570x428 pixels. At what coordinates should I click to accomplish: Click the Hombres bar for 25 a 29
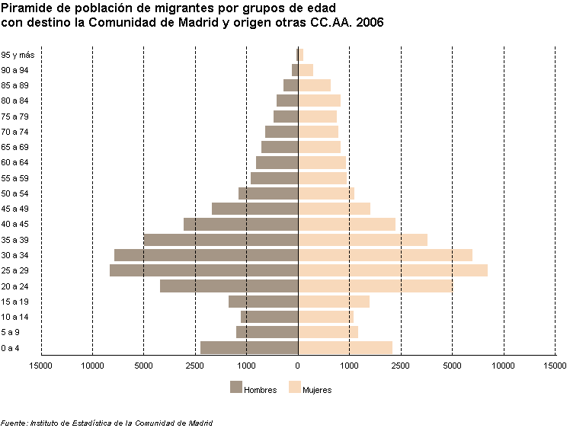(x=203, y=270)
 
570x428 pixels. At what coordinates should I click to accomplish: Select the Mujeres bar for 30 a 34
(x=385, y=255)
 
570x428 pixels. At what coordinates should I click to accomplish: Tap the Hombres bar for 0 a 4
(x=249, y=348)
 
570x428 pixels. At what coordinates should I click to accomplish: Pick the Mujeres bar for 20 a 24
(x=375, y=286)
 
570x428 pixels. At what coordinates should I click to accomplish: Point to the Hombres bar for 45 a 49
(x=255, y=209)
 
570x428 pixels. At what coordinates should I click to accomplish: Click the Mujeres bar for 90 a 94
(x=306, y=70)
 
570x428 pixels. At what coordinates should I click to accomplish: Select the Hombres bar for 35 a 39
(x=221, y=240)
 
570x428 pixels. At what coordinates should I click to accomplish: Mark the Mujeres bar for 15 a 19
(x=334, y=302)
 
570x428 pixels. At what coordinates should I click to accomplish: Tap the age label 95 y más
(x=18, y=55)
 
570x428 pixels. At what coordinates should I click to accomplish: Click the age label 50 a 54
(x=15, y=193)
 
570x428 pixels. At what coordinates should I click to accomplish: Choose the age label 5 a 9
(x=11, y=333)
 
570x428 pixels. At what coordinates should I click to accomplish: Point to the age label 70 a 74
(x=15, y=132)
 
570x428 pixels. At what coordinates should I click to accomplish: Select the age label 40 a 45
(x=15, y=224)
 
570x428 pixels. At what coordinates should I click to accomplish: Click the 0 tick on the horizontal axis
(x=298, y=366)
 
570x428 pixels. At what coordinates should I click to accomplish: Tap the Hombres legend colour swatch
(x=235, y=387)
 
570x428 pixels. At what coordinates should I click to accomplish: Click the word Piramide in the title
(x=27, y=8)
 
